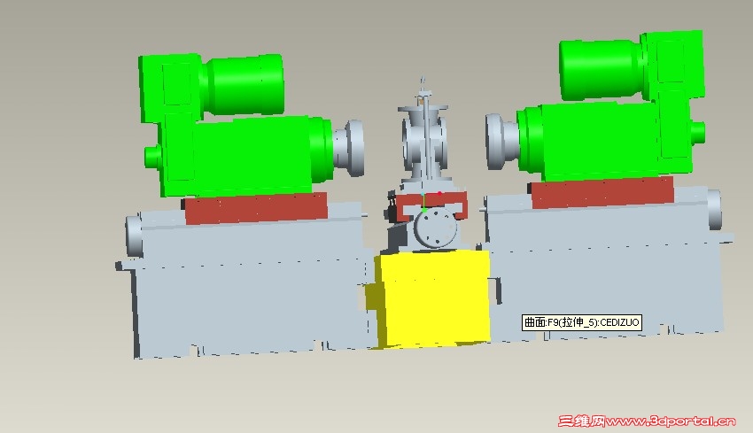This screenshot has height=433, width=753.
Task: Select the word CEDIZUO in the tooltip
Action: pos(619,322)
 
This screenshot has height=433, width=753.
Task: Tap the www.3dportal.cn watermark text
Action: pos(671,421)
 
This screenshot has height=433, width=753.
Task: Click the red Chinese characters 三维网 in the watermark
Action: pos(581,421)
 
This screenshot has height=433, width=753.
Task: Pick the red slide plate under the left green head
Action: pos(256,208)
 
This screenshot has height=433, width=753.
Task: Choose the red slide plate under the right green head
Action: pos(602,192)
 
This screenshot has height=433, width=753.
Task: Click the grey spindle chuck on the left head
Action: pos(349,148)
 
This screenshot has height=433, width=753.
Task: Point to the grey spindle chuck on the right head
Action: pos(501,142)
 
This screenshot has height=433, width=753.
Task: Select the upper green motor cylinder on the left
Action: pos(245,84)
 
